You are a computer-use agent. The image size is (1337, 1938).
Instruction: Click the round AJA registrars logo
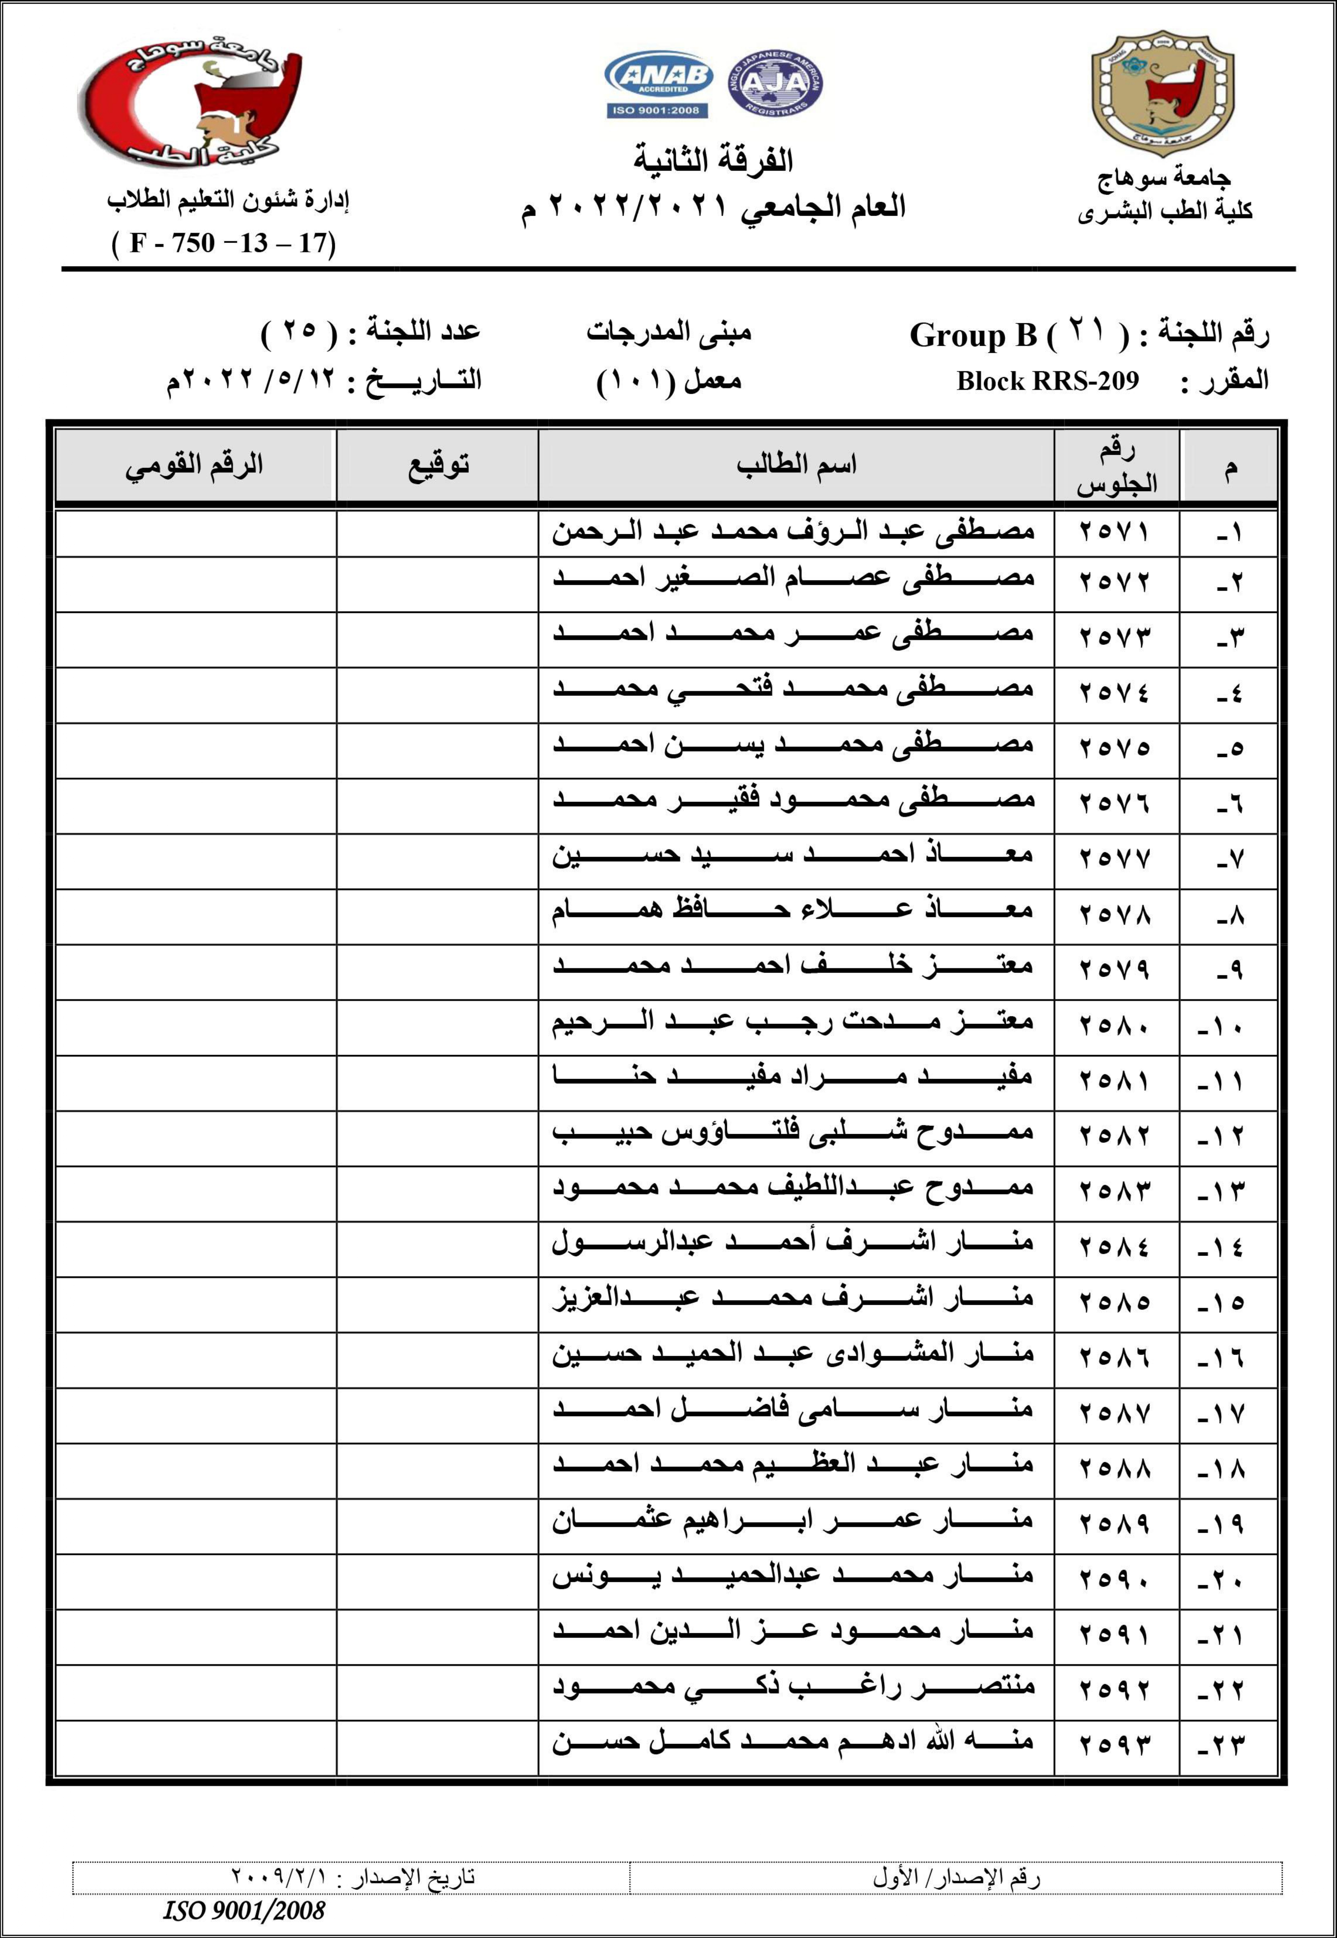click(775, 83)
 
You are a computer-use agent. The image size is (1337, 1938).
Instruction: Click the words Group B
click(974, 335)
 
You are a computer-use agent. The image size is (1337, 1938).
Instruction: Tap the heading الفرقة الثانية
click(713, 159)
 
